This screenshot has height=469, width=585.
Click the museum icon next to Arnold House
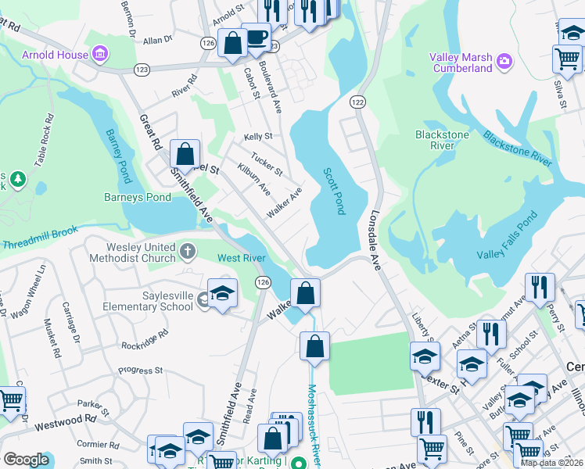pos(100,55)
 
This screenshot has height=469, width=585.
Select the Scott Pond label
pos(334,192)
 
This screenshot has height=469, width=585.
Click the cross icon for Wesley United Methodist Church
pos(187,252)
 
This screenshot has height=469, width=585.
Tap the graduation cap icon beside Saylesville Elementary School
pos(223,293)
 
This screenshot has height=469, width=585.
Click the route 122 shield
pos(358,102)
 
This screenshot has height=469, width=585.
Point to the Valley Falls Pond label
pos(508,236)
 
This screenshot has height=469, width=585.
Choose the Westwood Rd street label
pos(69,422)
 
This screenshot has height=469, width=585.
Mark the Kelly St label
pos(257,136)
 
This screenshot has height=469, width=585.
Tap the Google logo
pos(26,460)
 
